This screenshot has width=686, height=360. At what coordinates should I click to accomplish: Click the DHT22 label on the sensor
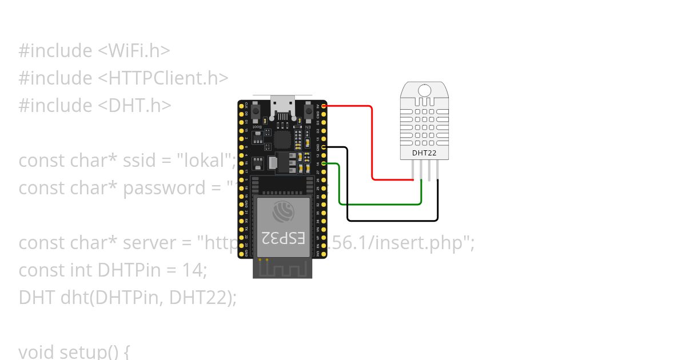(x=424, y=153)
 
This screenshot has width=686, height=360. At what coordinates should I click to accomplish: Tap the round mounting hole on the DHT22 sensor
(x=424, y=90)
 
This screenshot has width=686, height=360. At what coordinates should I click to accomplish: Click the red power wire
(x=372, y=143)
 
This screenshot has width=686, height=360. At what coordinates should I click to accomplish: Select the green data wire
(x=380, y=203)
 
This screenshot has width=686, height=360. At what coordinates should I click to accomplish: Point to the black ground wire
(x=394, y=221)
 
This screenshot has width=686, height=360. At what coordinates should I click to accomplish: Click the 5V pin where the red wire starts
(x=324, y=106)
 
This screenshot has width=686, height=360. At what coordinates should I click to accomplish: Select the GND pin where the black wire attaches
(x=324, y=147)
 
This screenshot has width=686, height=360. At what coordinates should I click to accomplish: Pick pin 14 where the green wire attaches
(x=324, y=164)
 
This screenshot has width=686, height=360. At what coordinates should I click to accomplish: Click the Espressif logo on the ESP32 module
(x=282, y=211)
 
